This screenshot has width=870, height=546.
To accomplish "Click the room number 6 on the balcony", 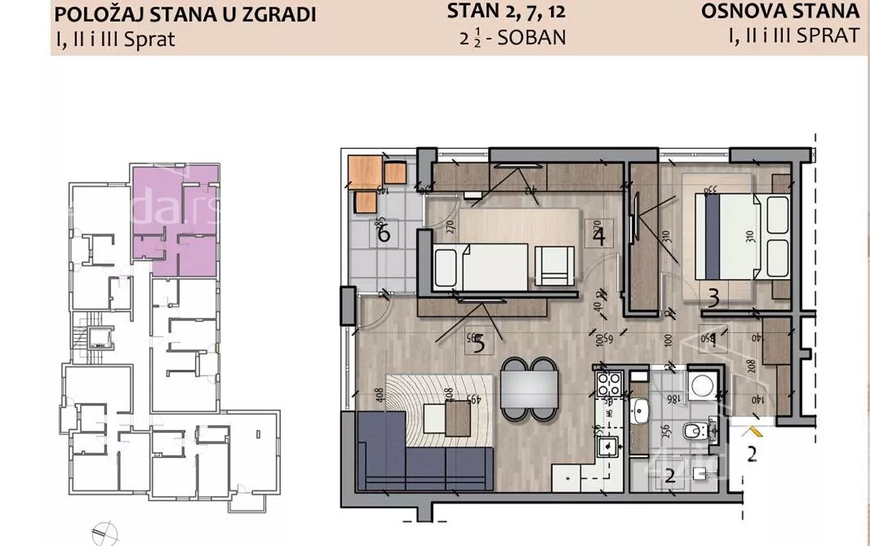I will (383, 234).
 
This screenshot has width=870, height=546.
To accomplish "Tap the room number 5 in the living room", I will (479, 343).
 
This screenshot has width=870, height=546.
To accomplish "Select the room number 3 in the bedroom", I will (713, 299).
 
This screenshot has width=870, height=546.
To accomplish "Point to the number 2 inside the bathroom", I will (670, 475).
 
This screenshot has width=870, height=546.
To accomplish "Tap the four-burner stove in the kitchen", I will (609, 384).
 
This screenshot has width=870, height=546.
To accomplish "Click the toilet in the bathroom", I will (694, 432).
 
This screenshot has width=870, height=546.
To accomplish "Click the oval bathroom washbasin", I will (639, 413).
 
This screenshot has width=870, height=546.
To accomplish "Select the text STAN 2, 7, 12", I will (506, 11).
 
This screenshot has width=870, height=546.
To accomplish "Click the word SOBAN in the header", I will (532, 37).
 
